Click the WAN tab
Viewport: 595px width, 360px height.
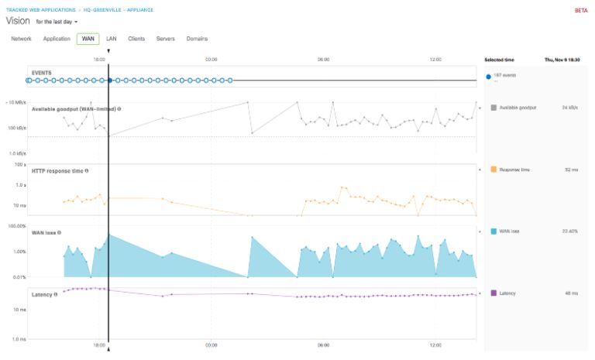coord(88,39)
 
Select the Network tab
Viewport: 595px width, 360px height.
coord(21,39)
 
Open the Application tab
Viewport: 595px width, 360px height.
coord(57,39)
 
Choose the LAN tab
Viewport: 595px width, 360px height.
coord(111,39)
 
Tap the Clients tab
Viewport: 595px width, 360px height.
coord(136,39)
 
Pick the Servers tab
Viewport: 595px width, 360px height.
coord(165,39)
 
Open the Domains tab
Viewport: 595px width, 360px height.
coord(197,39)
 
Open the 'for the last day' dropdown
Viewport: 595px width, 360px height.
coord(57,22)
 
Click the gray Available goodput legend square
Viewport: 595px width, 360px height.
coord(494,108)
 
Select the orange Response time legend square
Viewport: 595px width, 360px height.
coord(494,169)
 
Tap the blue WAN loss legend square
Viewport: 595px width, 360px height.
coord(494,231)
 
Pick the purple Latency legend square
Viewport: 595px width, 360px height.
coord(494,293)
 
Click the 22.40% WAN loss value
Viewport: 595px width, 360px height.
coord(569,231)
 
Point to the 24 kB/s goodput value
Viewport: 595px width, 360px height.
coord(569,108)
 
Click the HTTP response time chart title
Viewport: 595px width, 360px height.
coord(58,170)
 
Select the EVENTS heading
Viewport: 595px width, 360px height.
coord(42,73)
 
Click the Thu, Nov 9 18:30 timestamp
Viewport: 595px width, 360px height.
coord(562,60)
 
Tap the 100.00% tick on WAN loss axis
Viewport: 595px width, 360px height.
coord(17,226)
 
